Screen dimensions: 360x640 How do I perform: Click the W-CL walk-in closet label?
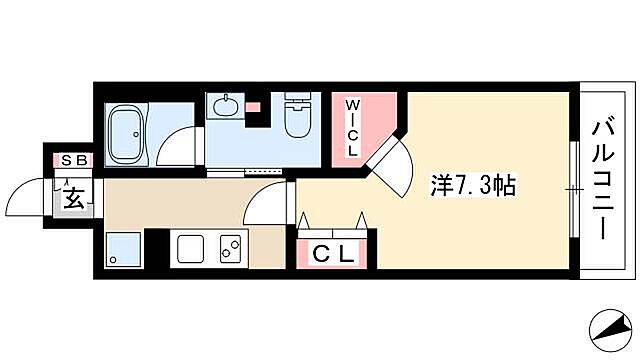coord(353,124)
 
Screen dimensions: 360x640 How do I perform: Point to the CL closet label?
coord(336,255)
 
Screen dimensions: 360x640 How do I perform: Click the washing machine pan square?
coord(123,249)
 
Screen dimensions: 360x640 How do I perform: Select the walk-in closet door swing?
coord(391,160)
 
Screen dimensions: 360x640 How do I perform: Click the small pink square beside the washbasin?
coord(254,105)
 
